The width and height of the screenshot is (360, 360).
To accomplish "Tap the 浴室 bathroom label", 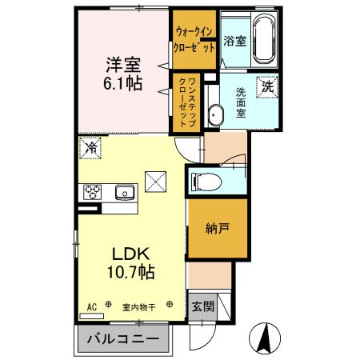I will coord(234,40).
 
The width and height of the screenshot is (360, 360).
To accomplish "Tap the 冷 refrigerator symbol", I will coord(90,149).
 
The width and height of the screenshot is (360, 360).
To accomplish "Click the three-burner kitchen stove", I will coord(91,192).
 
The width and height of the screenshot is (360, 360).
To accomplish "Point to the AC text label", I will coord(91,305).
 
